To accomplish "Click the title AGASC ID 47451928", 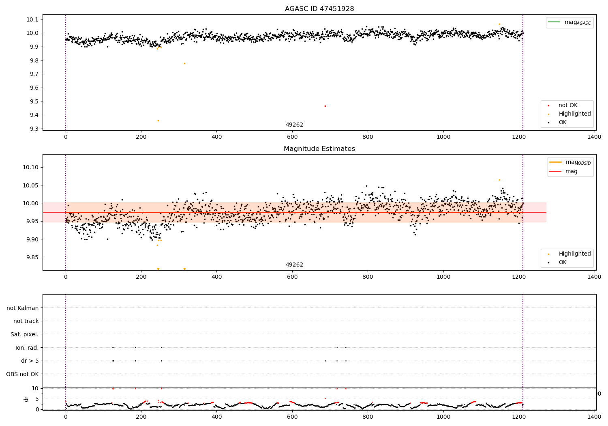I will (x=319, y=9).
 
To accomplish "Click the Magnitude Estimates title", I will (x=319, y=149).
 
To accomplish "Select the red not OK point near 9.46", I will (x=325, y=106).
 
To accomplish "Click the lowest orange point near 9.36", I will (x=158, y=120).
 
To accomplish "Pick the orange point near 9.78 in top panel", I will (x=184, y=63).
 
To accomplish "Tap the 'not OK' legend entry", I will (x=568, y=105).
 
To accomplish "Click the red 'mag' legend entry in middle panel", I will (x=571, y=171).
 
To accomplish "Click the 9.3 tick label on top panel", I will (x=33, y=129).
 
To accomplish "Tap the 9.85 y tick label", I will (x=32, y=257).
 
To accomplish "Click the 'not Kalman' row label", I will (x=23, y=308).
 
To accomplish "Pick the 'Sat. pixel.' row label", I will (x=25, y=334).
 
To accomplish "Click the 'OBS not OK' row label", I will (x=23, y=374).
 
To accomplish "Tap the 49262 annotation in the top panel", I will (x=294, y=125).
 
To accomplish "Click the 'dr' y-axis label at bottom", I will (x=26, y=399).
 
